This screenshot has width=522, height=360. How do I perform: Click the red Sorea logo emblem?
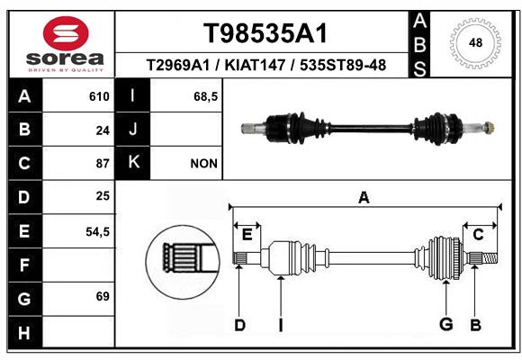pos(66,33)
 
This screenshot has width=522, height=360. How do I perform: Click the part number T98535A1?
pos(265,33)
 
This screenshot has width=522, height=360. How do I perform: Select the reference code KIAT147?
pos(255,65)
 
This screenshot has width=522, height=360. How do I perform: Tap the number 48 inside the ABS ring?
pos(475,42)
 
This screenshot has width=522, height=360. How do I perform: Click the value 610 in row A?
pos(99,96)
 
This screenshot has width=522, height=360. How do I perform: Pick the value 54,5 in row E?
pos(97,232)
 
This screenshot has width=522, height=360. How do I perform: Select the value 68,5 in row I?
pos(206,96)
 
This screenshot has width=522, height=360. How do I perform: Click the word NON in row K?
pos(203,164)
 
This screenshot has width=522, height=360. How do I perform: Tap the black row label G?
pos(24,299)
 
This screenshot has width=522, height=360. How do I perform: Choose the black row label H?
pos(24,332)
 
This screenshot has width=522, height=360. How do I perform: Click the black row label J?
pos(132,130)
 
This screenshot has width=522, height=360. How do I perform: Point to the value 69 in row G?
pos(103,296)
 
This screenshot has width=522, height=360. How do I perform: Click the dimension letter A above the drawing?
pos(364,198)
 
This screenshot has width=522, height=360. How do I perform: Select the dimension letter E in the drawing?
pos(247,235)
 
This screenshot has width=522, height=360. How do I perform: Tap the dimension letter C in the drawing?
pos(478,235)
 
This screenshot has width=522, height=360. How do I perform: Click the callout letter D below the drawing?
pos(239,325)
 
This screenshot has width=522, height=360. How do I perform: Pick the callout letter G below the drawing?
pos(446,324)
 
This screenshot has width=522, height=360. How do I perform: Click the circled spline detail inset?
pos(183,262)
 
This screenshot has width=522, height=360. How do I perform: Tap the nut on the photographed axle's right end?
pos(489,128)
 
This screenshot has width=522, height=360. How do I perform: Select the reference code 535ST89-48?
pos(343,65)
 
